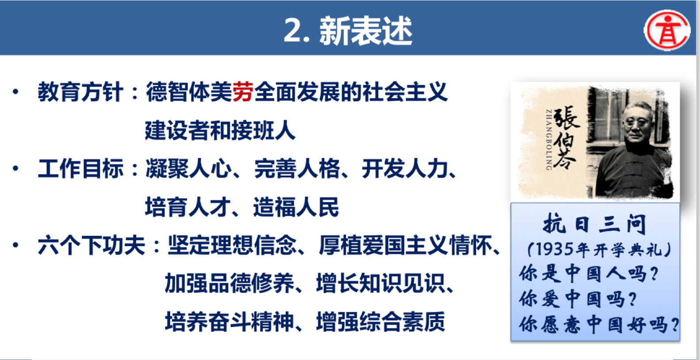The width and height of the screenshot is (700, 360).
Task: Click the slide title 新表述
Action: tap(365, 30)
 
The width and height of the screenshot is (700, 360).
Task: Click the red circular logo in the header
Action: tap(667, 30)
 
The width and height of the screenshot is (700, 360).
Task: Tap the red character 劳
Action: tap(243, 92)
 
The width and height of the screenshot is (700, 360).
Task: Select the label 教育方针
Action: tap(80, 92)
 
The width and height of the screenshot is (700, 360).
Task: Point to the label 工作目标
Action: tap(80, 169)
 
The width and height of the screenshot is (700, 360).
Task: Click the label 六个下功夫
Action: tap(91, 246)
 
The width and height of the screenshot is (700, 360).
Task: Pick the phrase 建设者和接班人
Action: tap(220, 130)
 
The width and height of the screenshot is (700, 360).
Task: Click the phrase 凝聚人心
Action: tap(188, 169)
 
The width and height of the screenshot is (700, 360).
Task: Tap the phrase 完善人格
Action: tap(297, 169)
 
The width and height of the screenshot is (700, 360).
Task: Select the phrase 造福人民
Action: tap(296, 207)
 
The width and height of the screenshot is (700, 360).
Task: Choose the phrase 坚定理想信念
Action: tap(232, 246)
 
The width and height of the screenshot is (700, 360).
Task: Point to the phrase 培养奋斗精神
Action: tap(229, 322)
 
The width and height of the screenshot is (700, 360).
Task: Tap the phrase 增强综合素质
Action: tap(380, 322)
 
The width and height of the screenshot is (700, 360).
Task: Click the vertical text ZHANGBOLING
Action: tap(548, 140)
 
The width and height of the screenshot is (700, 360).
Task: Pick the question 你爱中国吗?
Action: tap(578, 299)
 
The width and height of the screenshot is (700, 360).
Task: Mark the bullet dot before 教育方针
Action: tap(15, 92)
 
